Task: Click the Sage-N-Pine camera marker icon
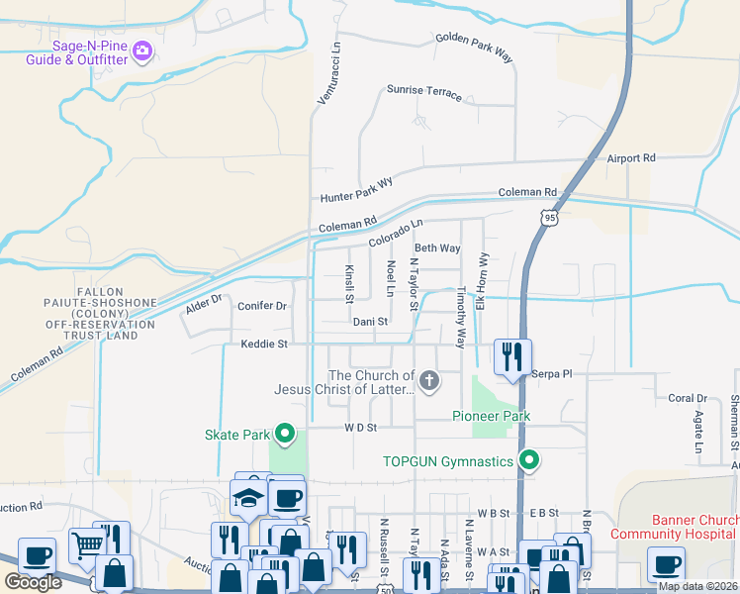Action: [x=141, y=49]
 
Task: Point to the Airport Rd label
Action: [x=631, y=157]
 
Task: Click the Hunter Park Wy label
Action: [x=357, y=188]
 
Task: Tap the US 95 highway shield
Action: [x=550, y=213]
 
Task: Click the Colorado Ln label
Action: [x=396, y=234]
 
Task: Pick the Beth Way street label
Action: [x=437, y=248]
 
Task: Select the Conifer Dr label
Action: [x=262, y=306]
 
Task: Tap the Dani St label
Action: [x=370, y=322]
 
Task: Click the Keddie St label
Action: [x=263, y=345]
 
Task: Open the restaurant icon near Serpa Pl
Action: [x=512, y=356]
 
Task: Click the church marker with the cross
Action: [x=428, y=380]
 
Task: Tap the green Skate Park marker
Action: [x=286, y=434]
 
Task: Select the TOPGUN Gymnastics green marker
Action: [x=529, y=460]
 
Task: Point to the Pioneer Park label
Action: [x=492, y=416]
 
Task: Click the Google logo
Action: [x=34, y=582]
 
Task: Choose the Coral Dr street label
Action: [x=687, y=398]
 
